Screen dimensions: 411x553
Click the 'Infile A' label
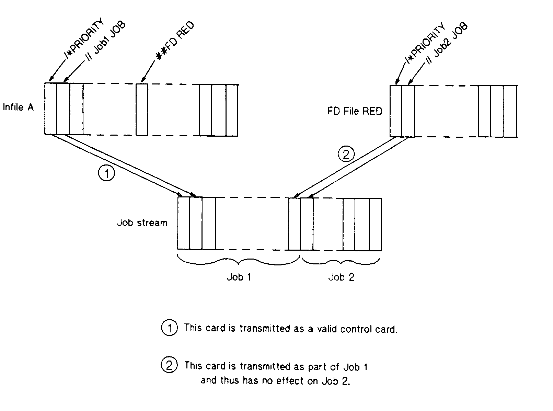pyautogui.click(x=19, y=107)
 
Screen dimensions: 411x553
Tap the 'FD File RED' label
pyautogui.click(x=355, y=111)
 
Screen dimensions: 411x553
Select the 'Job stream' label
pyautogui.click(x=142, y=223)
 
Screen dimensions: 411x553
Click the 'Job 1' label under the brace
pyautogui.click(x=239, y=277)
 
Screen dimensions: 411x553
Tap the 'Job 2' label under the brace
pyautogui.click(x=341, y=277)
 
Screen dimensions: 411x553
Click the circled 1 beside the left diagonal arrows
pyautogui.click(x=107, y=173)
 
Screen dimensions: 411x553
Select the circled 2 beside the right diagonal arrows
pyautogui.click(x=346, y=155)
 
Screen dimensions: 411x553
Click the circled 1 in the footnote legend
pyautogui.click(x=169, y=328)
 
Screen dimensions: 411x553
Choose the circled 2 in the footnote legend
pyautogui.click(x=169, y=365)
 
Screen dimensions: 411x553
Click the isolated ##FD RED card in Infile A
pyautogui.click(x=142, y=109)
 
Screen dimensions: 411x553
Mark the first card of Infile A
pyautogui.click(x=50, y=109)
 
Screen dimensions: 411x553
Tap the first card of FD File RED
pyautogui.click(x=396, y=111)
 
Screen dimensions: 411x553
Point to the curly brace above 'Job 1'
pyautogui.click(x=239, y=261)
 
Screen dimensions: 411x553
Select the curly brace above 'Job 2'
pyautogui.click(x=341, y=262)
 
